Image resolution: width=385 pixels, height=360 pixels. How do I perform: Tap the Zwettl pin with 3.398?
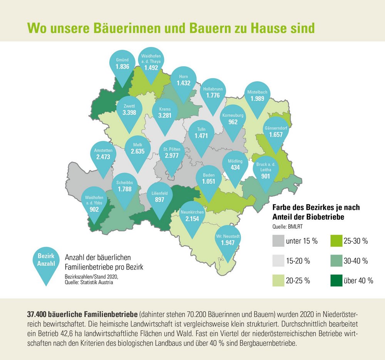pyautogui.click(x=129, y=109)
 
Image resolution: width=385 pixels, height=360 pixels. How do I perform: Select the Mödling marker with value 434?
pyautogui.click(x=235, y=165)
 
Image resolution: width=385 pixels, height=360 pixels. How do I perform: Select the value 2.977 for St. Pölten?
pyautogui.click(x=172, y=156)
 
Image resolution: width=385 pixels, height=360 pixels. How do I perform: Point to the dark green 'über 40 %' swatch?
pyautogui.click(x=337, y=280)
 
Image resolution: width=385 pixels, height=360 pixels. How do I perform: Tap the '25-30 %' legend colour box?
pyautogui.click(x=337, y=241)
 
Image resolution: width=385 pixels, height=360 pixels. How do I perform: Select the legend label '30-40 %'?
pyautogui.click(x=358, y=261)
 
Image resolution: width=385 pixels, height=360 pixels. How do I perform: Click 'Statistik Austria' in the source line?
pyautogui.click(x=101, y=282)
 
